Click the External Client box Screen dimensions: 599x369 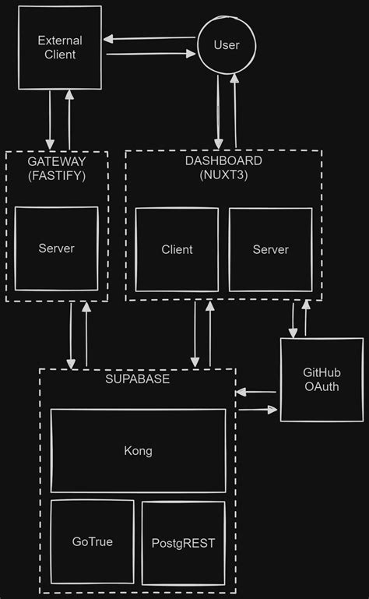coord(59,47)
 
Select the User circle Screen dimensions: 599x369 coord(227,45)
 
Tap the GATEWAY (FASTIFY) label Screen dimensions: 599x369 coord(56,168)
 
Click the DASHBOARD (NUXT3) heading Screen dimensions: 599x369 coord(223,168)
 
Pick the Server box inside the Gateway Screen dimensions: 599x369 coord(56,248)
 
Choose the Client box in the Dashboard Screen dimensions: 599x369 coord(177,249)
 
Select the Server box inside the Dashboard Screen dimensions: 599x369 coord(270,249)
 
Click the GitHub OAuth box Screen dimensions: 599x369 coord(321,379)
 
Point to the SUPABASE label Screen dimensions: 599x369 coord(137,379)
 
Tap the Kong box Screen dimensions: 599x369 coord(138,450)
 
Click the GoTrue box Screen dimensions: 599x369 coord(92,541)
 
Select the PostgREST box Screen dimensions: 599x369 coord(183,543)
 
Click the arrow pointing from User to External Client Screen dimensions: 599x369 coord(150,38)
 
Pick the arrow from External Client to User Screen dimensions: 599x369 coord(150,54)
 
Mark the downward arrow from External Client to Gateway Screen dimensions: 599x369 coord(51,119)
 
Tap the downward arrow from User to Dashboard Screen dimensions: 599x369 coord(219,110)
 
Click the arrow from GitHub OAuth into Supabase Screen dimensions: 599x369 coord(257,392)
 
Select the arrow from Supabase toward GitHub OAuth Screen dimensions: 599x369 coord(257,408)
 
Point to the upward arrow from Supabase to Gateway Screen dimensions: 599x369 coord(86,335)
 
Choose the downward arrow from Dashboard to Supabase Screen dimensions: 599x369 coord(194,335)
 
